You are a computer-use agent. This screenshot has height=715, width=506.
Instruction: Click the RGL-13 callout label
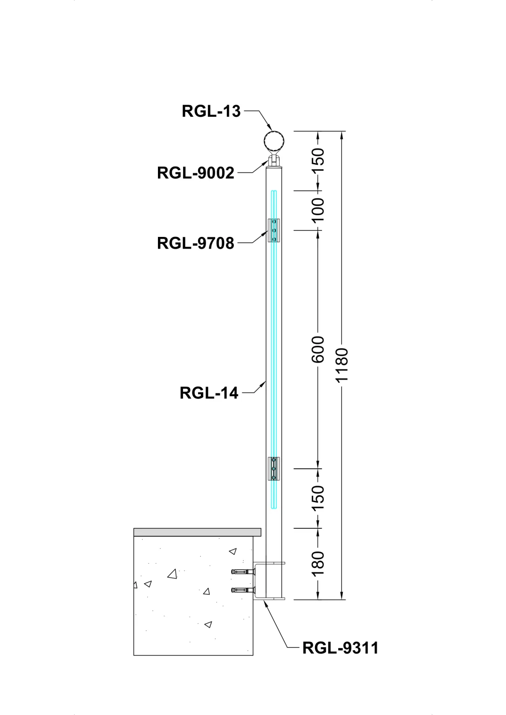pos(211,111)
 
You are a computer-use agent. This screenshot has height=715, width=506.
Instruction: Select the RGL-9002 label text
pos(196,173)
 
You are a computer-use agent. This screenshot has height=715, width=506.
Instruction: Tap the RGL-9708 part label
pos(196,243)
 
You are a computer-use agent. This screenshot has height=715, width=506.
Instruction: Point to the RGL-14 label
pos(209,393)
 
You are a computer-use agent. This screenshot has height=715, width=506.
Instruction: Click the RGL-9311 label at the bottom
pos(341,648)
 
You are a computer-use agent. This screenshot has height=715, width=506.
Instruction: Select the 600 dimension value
pos(317,349)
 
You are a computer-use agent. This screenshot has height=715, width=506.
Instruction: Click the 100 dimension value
pos(317,210)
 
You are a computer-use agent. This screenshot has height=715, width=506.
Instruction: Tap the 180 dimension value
pos(317,563)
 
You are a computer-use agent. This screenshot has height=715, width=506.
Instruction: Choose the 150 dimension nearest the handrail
pos(317,161)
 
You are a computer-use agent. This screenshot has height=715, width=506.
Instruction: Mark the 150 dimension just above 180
pos(317,498)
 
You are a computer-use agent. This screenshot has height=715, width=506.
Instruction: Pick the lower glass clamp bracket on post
pos(274,468)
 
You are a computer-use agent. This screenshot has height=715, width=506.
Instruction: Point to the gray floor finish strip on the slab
pos(197,532)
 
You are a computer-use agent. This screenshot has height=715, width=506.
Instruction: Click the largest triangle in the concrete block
pos(173,574)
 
